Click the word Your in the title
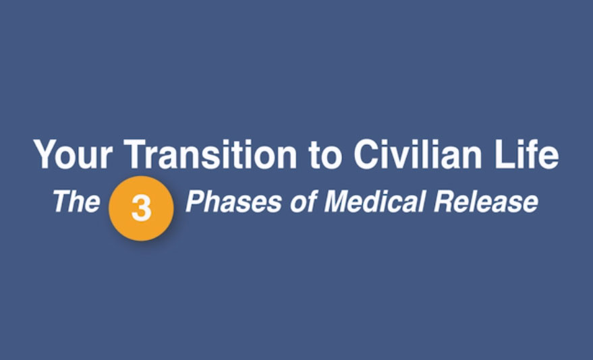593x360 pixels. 74,154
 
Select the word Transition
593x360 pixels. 210,154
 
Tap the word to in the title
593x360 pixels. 325,155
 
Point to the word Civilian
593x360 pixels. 418,154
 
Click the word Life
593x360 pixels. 526,154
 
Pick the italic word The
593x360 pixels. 77,202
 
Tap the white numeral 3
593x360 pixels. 141,208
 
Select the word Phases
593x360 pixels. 233,202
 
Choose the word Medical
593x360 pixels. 375,202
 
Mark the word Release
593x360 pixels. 486,202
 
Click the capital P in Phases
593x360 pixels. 196,202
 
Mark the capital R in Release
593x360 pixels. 445,202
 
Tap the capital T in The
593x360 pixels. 62,202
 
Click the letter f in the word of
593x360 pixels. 312,201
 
